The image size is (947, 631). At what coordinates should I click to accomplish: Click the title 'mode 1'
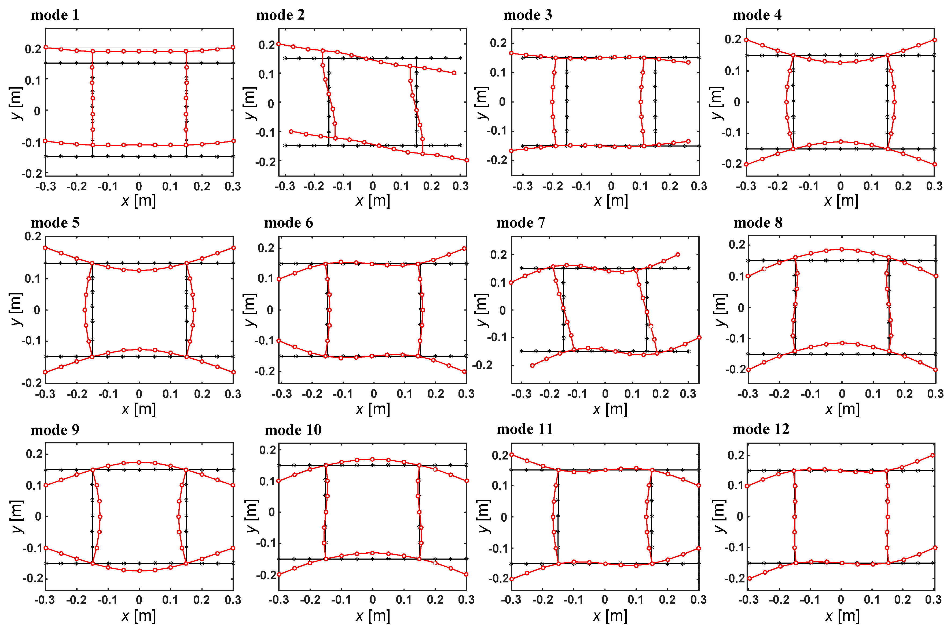pos(55,15)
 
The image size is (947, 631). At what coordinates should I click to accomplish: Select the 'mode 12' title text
pos(761,429)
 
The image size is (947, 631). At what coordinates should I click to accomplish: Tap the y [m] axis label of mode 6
pos(250,310)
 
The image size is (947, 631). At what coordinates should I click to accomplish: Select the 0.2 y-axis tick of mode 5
pos(33,236)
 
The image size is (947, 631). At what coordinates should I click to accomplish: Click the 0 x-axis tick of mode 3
pos(611,186)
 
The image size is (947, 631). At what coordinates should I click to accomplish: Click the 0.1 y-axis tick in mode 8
pos(737,276)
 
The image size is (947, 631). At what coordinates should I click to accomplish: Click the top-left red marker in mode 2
pos(278,44)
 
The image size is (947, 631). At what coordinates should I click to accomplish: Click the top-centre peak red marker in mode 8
pos(842,249)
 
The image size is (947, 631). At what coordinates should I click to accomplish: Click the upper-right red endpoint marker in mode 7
pos(678,254)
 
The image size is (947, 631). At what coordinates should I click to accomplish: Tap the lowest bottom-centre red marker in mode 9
pos(139,571)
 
